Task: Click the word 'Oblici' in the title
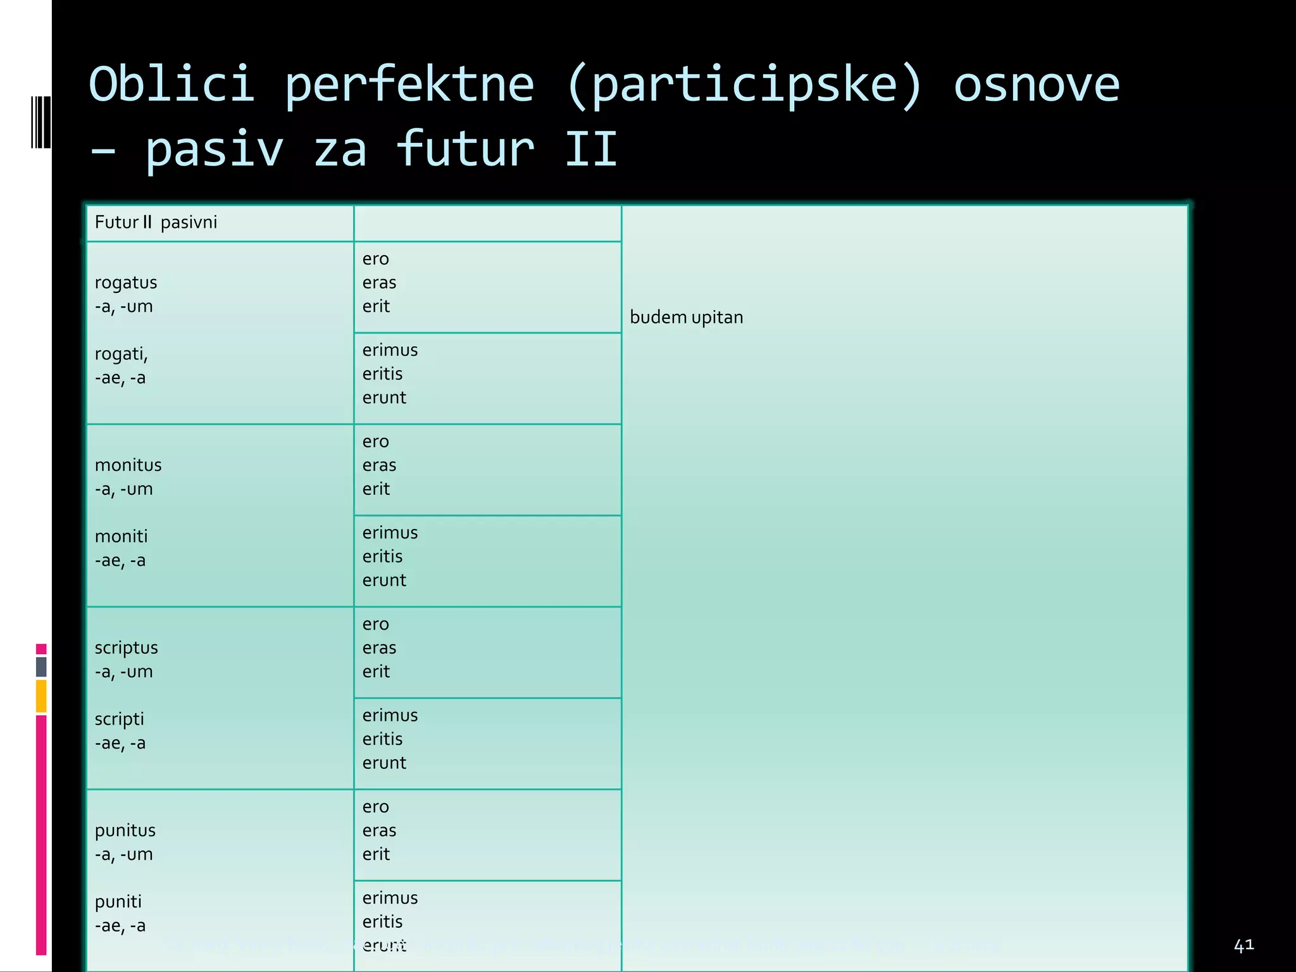(172, 84)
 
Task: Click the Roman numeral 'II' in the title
(590, 150)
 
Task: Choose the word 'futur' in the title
(465, 150)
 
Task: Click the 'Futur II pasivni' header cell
(156, 222)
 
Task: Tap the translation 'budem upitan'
(686, 317)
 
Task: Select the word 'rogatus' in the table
(126, 283)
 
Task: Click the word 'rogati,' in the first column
(121, 354)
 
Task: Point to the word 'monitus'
(128, 465)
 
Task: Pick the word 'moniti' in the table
(121, 537)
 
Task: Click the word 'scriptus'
(127, 648)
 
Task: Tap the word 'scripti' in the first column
(120, 720)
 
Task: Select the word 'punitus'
(125, 830)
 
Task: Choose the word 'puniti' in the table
(118, 902)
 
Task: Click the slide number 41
(1243, 945)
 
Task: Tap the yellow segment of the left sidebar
(41, 695)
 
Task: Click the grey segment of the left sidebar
(41, 666)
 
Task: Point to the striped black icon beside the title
(40, 122)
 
